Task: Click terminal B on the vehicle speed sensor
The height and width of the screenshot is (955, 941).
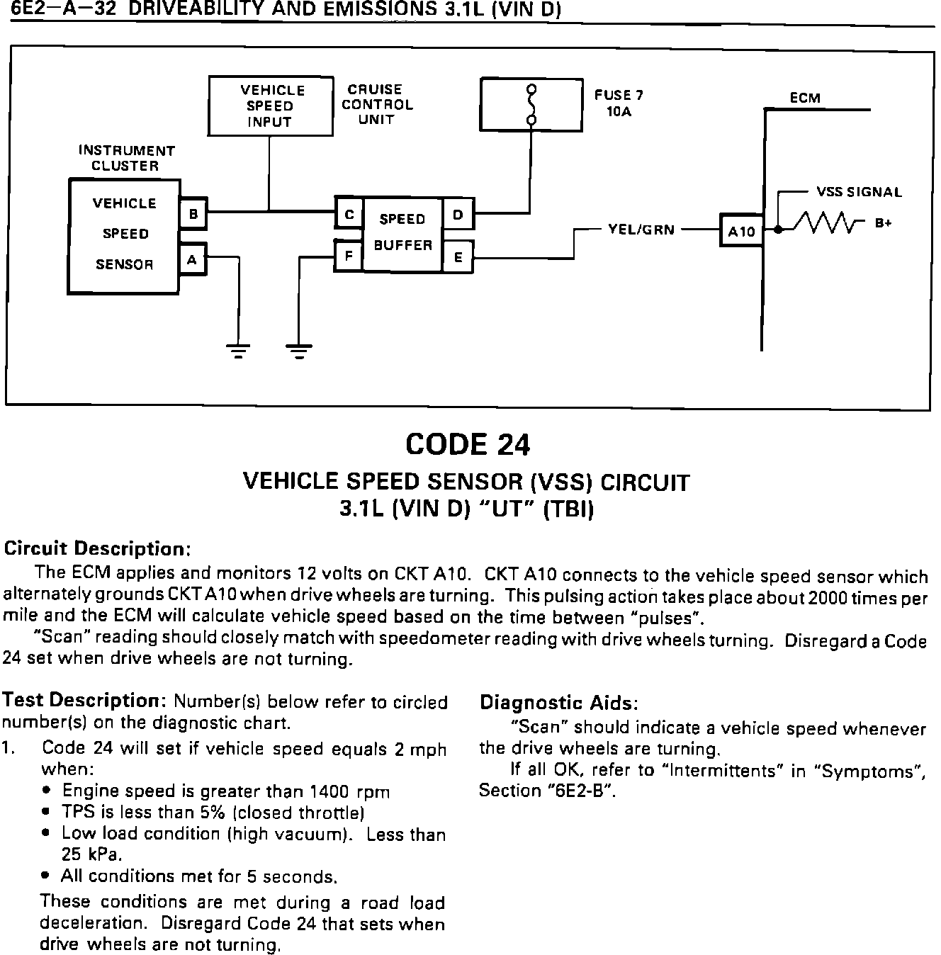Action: coord(193,213)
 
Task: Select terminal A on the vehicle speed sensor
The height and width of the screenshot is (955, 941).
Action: coord(192,259)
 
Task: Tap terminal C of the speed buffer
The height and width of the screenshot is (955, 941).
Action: coord(349,213)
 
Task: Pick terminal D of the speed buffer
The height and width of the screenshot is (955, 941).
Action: coord(458,214)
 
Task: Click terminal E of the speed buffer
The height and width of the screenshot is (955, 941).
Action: coord(458,258)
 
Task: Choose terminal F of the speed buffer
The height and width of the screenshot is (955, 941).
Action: coord(349,255)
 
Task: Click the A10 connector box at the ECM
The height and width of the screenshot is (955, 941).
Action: coord(741,230)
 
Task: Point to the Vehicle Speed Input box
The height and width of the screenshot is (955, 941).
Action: coord(270,106)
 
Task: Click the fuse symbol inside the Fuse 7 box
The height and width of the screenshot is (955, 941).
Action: coord(531,105)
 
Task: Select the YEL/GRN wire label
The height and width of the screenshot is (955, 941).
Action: coord(641,230)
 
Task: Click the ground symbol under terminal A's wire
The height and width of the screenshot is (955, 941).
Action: coord(238,350)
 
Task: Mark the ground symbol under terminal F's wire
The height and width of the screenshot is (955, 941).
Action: coord(298,350)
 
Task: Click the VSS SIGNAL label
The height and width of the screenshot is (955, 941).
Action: coord(859,192)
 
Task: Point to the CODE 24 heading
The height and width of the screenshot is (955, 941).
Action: coord(468,444)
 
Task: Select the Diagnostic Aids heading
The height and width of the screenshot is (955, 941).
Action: coord(559,703)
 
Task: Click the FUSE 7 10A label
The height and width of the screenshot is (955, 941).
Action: coord(619,103)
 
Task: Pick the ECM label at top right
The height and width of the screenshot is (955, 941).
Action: coord(805,98)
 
